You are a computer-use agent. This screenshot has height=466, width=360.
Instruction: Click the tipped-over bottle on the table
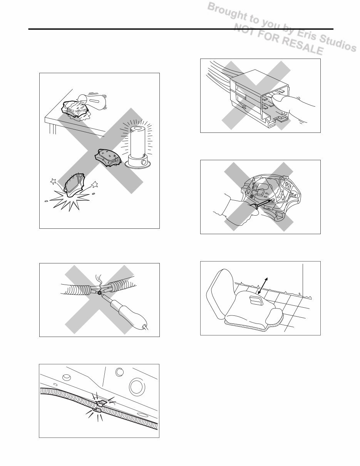(93, 101)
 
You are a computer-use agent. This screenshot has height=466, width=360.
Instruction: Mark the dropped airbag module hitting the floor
(75, 184)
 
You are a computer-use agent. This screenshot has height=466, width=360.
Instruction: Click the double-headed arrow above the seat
(263, 286)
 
